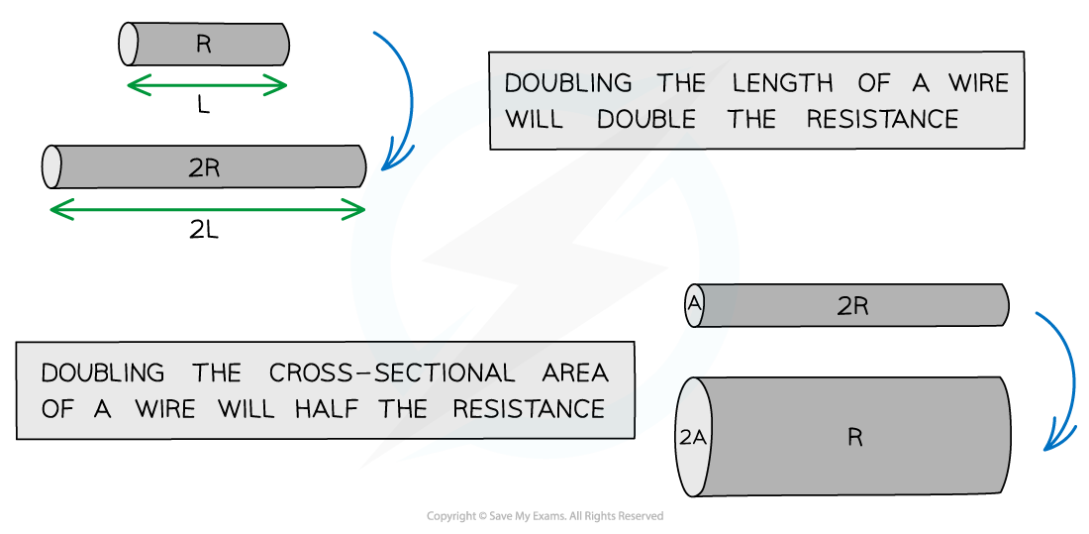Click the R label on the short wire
pos(204,45)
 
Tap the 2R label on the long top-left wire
pos(204,168)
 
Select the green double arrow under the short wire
pos(207,86)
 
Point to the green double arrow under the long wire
pos(207,209)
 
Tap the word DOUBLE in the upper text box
pos(646,119)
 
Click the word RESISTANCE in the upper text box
pos(882,119)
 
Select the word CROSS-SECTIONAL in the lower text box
pos(392,373)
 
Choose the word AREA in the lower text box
pos(574,373)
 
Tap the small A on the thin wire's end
pos(694,306)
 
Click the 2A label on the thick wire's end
pos(691,437)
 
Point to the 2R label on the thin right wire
pos(852,306)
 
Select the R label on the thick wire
pos(855,437)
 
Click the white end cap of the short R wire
pos(129,45)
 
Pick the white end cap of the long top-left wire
pos(52,167)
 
